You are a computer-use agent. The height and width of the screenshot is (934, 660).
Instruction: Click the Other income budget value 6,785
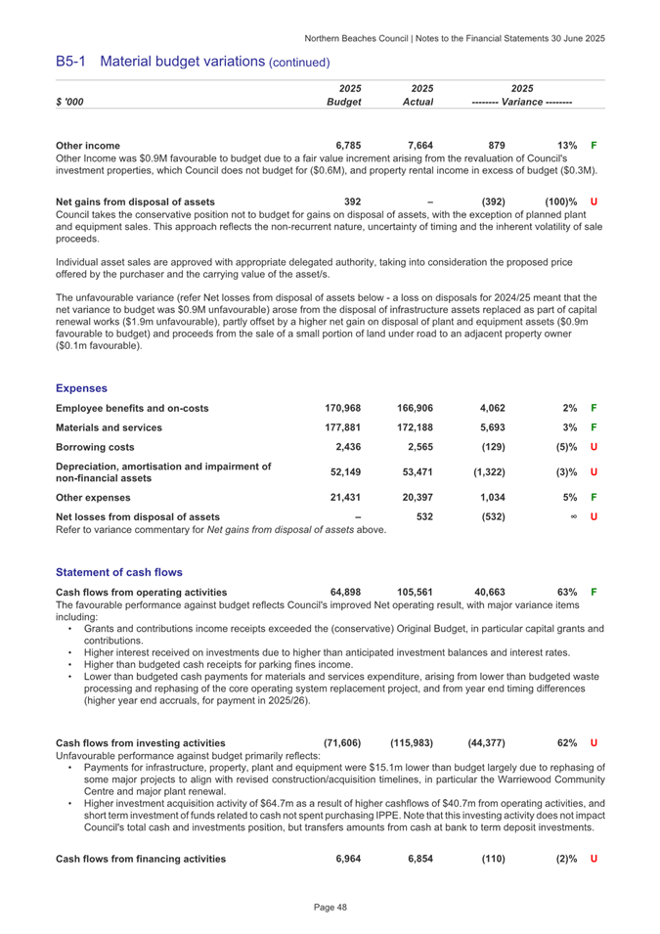point(347,145)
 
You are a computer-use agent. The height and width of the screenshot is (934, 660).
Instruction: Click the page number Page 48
point(330,910)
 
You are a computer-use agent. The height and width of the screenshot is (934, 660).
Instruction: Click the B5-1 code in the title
point(73,62)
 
